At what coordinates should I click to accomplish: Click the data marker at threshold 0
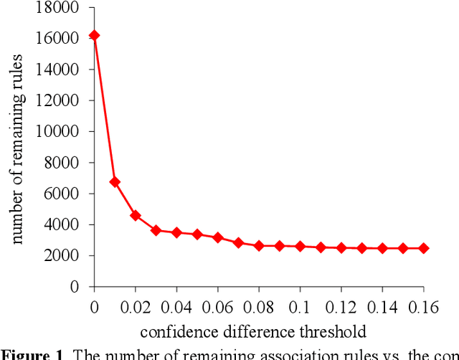[94, 35]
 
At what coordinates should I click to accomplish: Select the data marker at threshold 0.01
[115, 182]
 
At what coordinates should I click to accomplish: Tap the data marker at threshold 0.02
[136, 215]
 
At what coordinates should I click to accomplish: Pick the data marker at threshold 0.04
[176, 232]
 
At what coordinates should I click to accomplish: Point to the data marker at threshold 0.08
[259, 245]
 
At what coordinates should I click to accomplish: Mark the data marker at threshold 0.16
[424, 248]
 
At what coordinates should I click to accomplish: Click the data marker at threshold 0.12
[341, 247]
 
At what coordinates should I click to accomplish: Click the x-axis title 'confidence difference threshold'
[253, 331]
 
